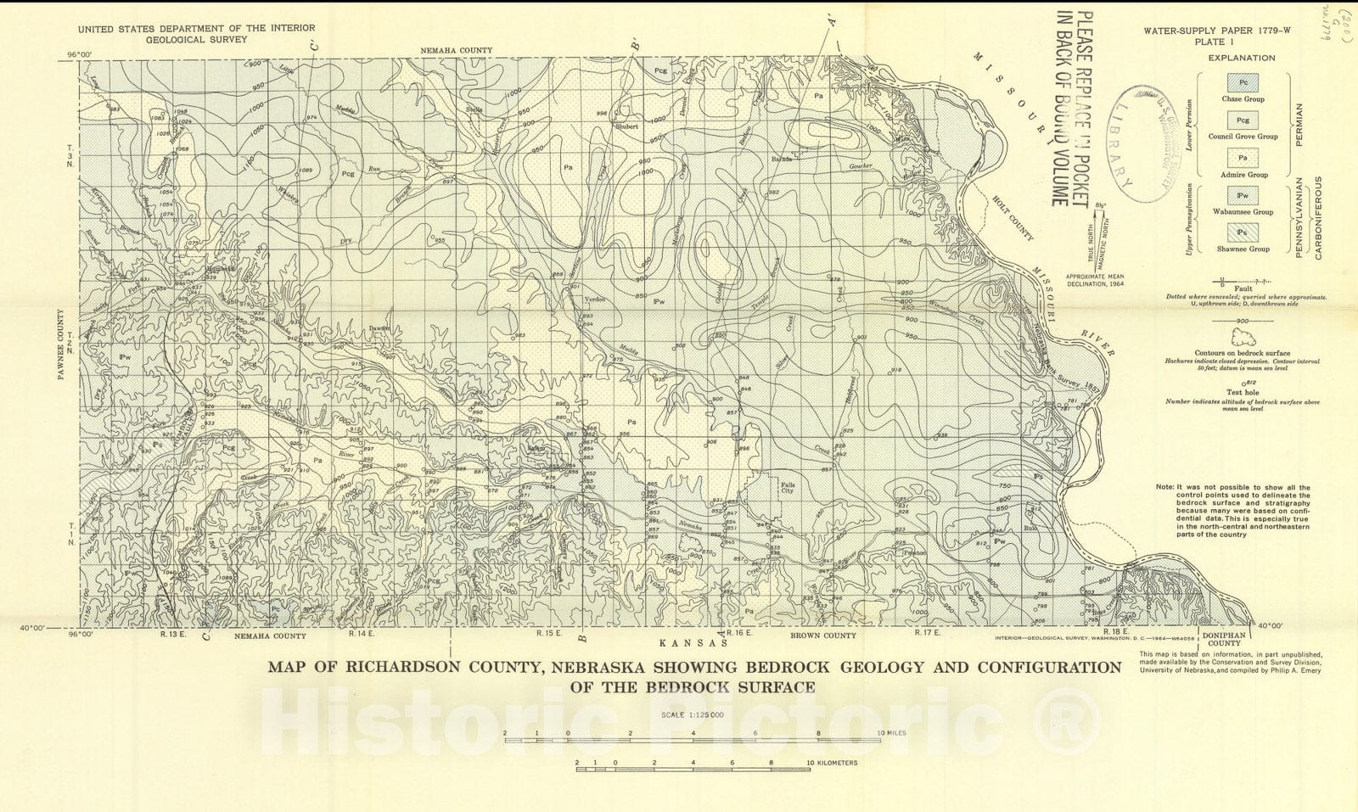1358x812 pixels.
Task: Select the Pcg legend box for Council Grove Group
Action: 1243,120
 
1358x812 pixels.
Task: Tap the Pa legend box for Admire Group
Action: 1243,158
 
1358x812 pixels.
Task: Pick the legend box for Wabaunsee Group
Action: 1243,195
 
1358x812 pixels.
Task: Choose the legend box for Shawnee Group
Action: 1243,232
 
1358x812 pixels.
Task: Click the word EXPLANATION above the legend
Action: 1243,58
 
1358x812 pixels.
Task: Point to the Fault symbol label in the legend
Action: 1243,288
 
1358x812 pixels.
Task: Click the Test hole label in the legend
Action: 1243,393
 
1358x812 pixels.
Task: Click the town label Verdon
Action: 595,300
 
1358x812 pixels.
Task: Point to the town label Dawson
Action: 379,328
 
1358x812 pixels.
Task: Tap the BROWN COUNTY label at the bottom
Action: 822,636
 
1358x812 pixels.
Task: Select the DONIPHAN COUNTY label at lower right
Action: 1224,639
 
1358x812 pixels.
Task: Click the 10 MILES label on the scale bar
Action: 891,732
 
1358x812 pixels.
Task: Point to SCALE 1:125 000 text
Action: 692,714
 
